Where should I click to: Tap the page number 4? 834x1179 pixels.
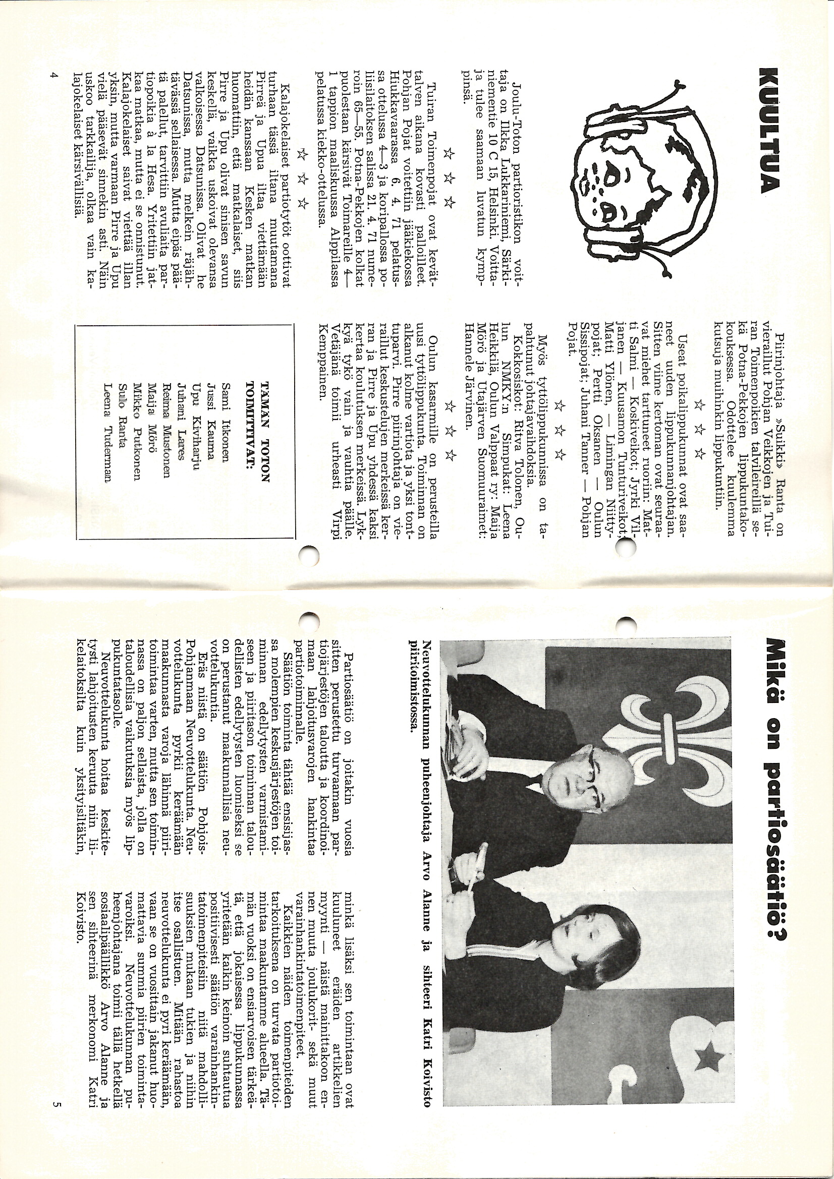tap(53, 76)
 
